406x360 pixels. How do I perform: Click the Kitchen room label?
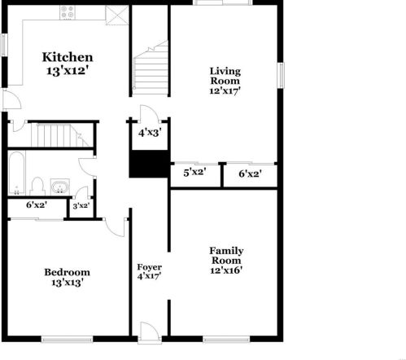(x=68, y=64)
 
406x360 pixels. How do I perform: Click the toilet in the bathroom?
(x=38, y=184)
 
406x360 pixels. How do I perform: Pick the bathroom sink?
(x=59, y=187)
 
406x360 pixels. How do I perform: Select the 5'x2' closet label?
(x=194, y=173)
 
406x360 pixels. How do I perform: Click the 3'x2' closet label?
(x=81, y=206)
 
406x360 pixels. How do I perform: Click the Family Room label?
(x=227, y=260)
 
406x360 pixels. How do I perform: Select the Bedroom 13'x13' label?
(x=67, y=277)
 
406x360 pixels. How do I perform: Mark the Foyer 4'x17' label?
(x=149, y=271)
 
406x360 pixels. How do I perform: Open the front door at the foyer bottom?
(x=149, y=331)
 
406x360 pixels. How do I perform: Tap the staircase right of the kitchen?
(x=151, y=69)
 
